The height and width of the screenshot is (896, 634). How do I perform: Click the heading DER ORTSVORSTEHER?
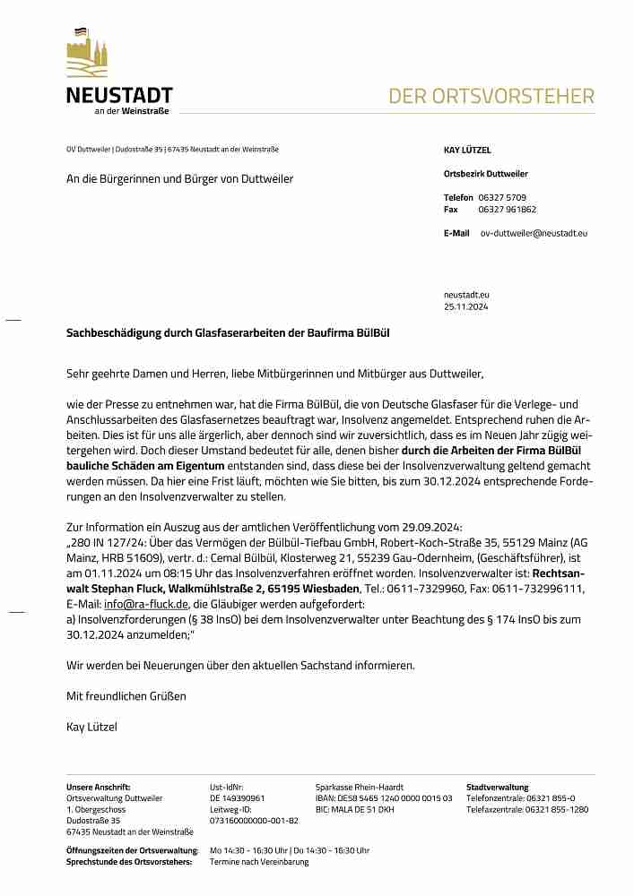click(491, 97)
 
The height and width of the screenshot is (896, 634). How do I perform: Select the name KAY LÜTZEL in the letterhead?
click(467, 151)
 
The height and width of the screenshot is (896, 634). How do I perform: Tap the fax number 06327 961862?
click(508, 210)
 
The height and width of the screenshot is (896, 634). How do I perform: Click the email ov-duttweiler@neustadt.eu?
click(534, 233)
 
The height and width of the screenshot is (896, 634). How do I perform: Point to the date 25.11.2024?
click(465, 306)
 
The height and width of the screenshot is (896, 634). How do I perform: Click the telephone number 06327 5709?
click(502, 197)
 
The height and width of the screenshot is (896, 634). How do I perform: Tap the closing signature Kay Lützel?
click(91, 727)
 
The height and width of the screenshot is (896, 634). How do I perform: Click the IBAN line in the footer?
click(384, 797)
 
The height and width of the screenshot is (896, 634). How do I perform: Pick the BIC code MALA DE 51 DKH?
click(354, 809)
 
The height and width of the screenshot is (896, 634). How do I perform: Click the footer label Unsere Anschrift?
click(99, 787)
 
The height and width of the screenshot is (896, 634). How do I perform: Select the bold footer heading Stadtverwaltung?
click(497, 787)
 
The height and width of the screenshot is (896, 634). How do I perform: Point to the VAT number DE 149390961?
click(237, 797)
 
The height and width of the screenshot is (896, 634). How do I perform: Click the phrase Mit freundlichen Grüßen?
click(126, 695)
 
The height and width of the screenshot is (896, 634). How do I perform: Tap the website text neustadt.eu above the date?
click(466, 294)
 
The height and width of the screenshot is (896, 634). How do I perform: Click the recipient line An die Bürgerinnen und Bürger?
click(179, 179)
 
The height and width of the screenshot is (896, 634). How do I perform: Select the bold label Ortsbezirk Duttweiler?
click(485, 174)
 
